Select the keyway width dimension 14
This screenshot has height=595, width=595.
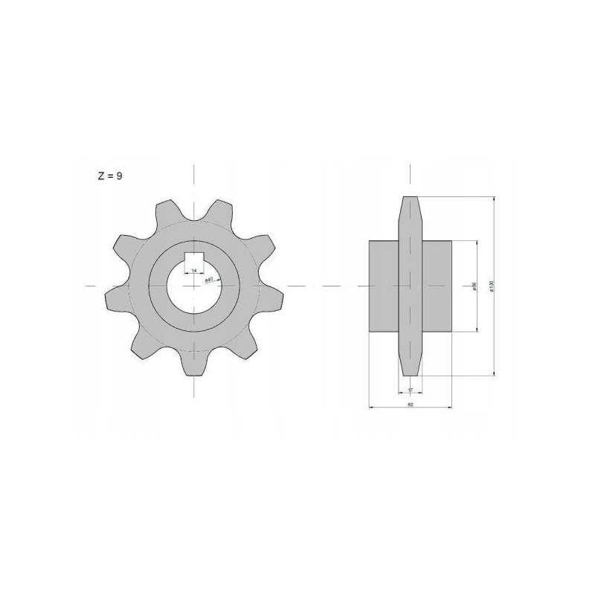pos(193,271)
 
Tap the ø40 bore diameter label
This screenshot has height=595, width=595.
pos(210,279)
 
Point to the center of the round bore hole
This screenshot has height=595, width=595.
pos(193,287)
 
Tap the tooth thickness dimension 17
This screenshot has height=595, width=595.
pos(411,389)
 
